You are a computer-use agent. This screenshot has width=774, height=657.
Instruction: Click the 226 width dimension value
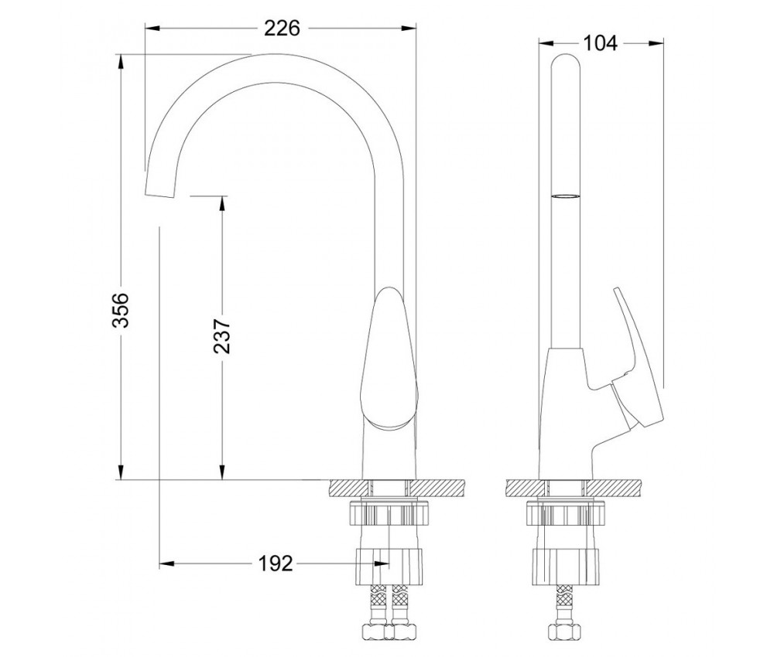pos(282,28)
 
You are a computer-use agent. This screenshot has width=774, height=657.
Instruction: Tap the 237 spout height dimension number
pos(221,336)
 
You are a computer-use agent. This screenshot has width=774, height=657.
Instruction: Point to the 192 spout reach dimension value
pos(276,563)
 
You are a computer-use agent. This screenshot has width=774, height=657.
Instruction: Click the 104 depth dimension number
pos(600,43)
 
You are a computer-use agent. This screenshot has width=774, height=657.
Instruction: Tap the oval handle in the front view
pos(389,359)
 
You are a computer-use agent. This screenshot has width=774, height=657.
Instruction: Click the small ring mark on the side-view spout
pos(566,196)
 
